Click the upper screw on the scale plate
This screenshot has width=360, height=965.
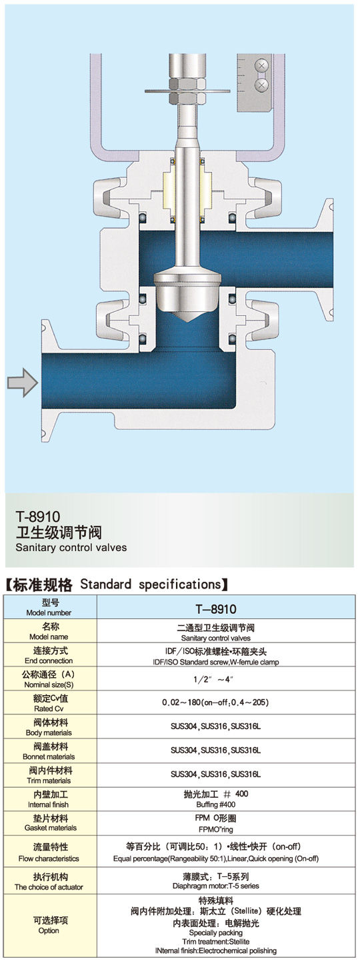pos(262,66)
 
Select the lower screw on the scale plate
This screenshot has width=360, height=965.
pos(262,85)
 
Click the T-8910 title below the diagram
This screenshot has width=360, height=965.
pos(38,516)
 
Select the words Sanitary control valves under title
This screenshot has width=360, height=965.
pos(71,548)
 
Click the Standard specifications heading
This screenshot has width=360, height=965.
pos(150,584)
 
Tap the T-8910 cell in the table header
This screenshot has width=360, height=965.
pos(216,608)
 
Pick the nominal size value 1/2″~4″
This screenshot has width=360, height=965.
pos(213,679)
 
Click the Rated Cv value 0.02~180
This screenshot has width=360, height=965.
pos(181,702)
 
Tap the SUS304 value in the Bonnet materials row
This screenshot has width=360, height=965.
pos(184,750)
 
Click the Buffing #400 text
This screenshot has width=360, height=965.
pos(215,804)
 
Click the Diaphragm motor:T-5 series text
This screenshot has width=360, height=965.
pos(216,886)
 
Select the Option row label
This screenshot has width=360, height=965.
pos(49,925)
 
